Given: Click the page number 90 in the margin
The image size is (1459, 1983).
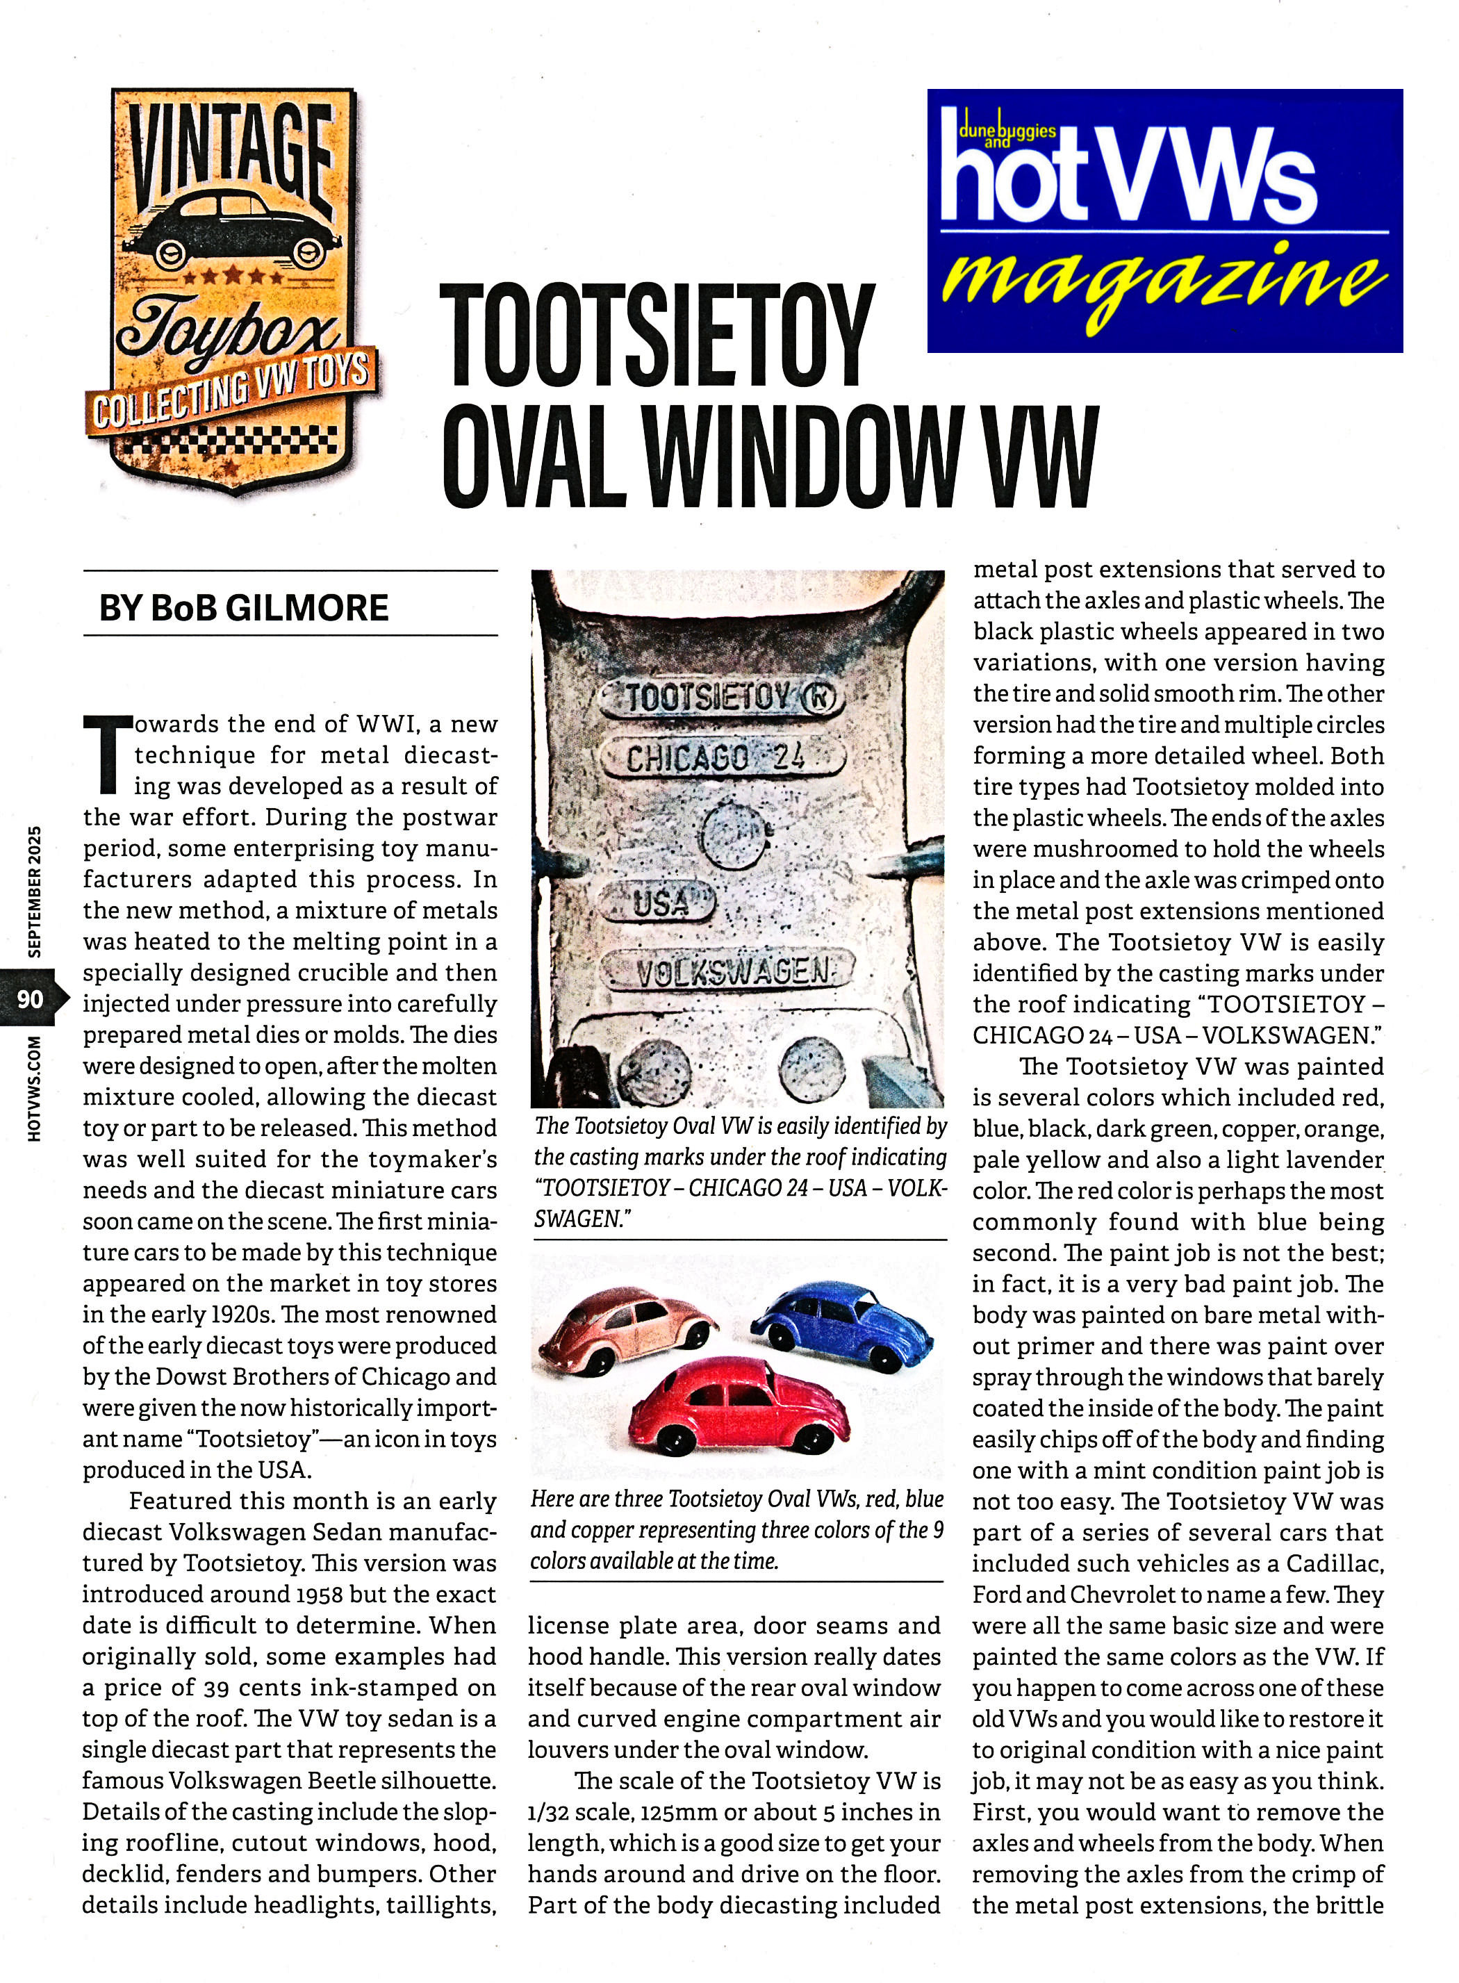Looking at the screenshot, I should (30, 998).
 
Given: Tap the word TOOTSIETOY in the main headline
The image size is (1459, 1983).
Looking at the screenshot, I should (656, 336).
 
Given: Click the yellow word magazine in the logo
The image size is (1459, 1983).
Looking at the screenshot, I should (1163, 284).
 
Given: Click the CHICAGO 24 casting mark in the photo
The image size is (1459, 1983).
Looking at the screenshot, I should (716, 757).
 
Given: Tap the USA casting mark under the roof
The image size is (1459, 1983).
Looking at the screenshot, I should (660, 902).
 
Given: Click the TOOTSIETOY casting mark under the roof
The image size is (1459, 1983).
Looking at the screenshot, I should (722, 697).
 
